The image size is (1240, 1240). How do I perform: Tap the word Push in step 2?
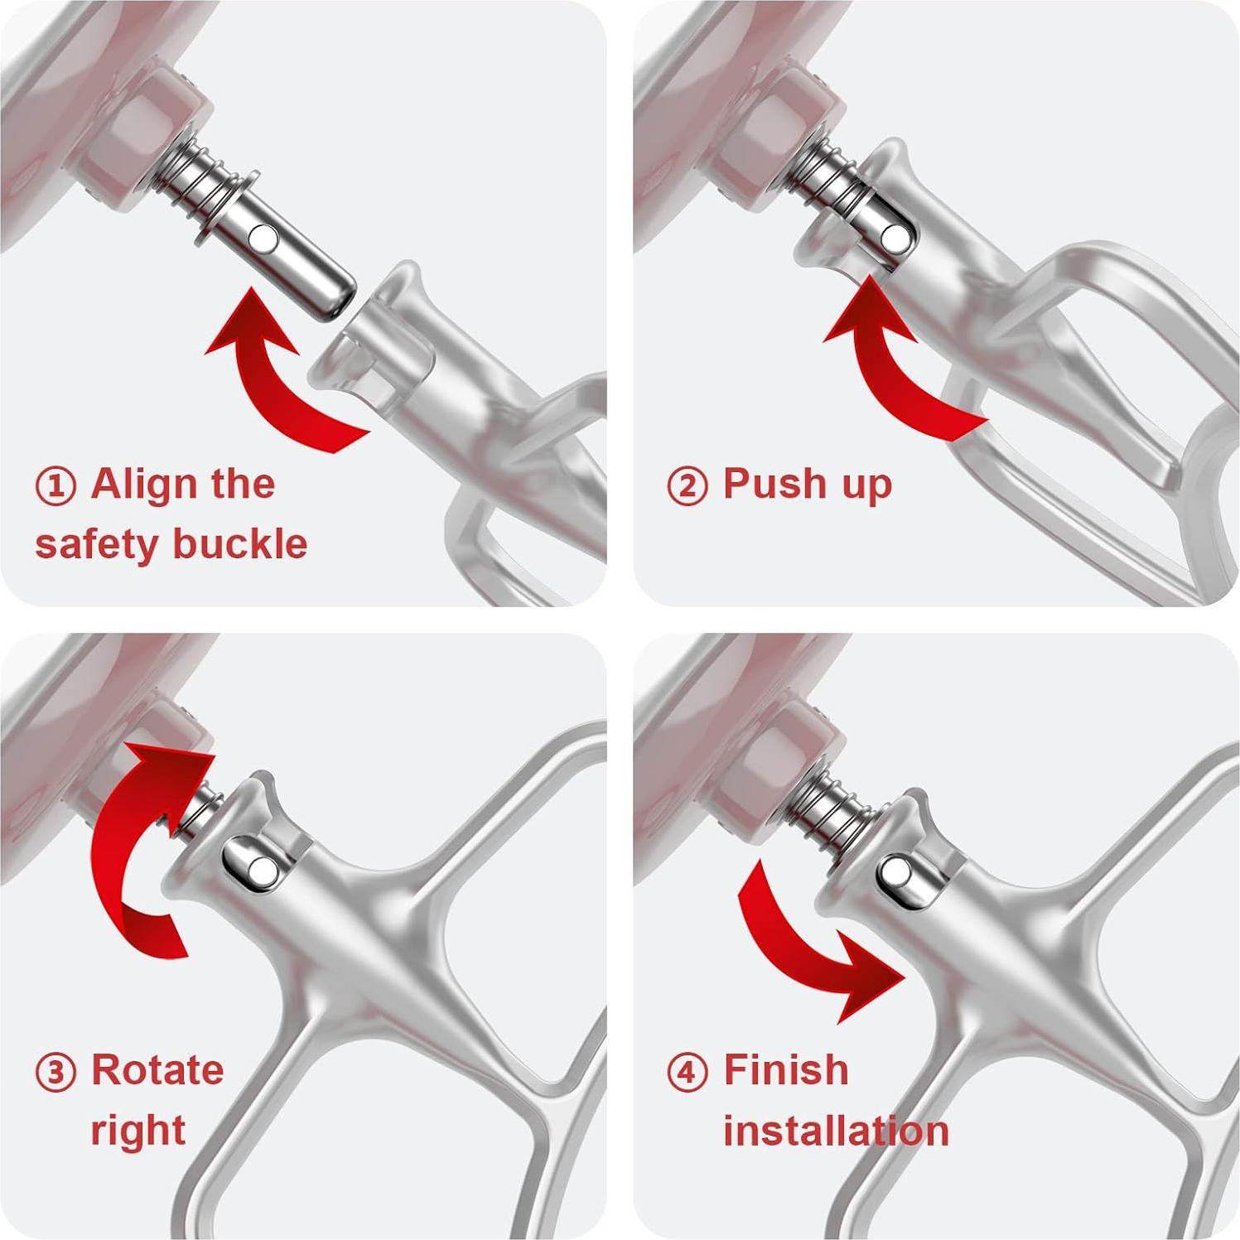775,484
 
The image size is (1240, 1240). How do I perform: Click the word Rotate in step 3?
157,1070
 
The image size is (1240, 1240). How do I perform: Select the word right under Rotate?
138,1131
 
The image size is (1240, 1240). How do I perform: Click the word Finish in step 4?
786,1070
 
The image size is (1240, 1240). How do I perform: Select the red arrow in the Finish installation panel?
816,944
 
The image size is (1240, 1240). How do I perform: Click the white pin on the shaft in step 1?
266,239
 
